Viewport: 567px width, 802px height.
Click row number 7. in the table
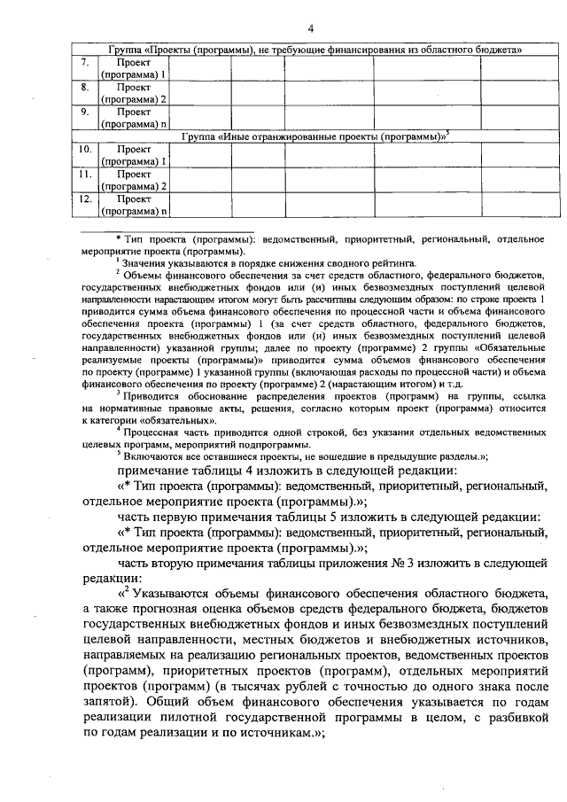(83, 63)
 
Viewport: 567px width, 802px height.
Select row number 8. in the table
(83, 88)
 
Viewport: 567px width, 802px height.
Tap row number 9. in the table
(83, 113)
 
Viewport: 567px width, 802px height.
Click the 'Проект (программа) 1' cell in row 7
(133, 70)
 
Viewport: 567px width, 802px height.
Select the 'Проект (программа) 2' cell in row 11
(133, 181)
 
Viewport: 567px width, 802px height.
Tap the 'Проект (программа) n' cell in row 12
(133, 206)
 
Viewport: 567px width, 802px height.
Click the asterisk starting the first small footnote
(117, 240)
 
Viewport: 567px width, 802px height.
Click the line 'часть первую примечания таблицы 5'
(329, 517)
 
